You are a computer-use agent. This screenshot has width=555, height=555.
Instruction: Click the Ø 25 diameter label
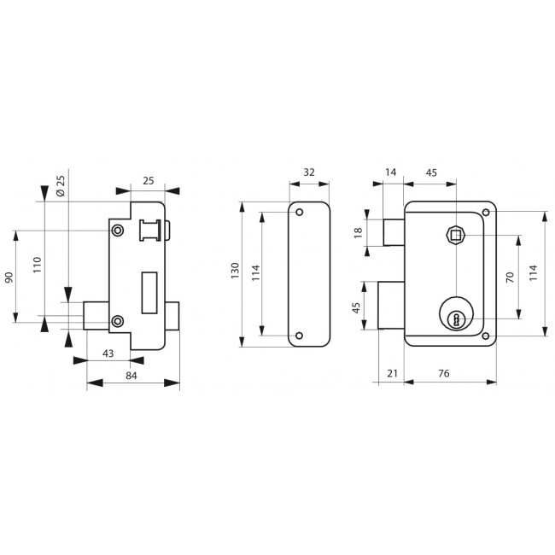pos(61,186)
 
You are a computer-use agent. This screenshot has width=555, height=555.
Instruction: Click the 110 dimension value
pos(38,265)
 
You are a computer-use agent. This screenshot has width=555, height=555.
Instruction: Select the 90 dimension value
pos(9,277)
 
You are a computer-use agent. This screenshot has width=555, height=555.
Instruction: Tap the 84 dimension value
pos(131,376)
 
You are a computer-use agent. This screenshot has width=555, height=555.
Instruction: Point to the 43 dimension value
pos(108,353)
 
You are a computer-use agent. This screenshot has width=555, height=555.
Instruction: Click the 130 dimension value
pos(235,271)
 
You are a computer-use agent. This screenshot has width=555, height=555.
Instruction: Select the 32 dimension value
pos(309,172)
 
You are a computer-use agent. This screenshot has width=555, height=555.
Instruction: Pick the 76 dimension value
pos(443,373)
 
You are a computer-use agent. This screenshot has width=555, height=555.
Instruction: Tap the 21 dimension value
pos(392,373)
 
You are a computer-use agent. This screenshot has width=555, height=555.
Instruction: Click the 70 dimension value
pos(510,277)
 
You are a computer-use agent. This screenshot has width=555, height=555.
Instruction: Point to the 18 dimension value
pos(358,232)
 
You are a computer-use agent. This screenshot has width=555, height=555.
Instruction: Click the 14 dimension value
pos(390,172)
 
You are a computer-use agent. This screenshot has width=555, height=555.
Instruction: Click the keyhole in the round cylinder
pos(456,319)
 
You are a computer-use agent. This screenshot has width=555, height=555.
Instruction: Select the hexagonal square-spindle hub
pos(456,234)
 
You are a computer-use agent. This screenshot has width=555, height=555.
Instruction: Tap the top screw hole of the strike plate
pos(300,213)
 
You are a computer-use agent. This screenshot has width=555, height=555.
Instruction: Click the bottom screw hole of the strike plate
pos(300,336)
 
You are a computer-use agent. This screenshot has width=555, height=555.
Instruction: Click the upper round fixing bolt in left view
pos(118,231)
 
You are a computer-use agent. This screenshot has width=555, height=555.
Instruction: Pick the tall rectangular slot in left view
pos(149,293)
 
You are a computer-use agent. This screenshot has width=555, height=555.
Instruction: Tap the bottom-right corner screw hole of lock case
pos(486,336)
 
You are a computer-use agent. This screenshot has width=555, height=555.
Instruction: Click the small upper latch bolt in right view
pos(394,232)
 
